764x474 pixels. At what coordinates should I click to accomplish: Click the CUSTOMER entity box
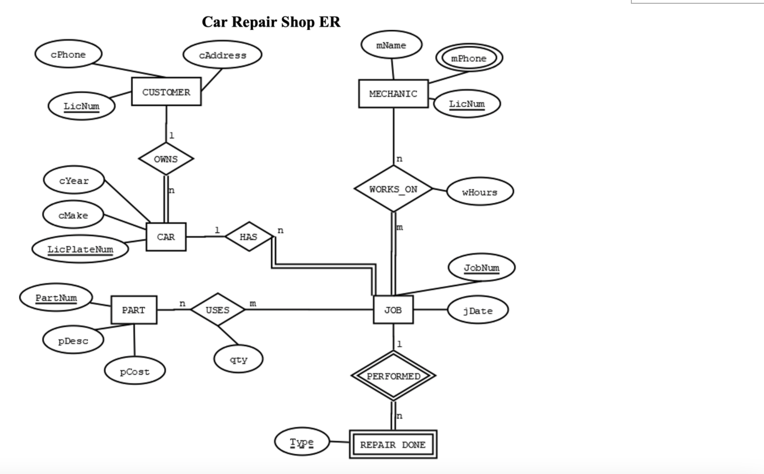click(x=166, y=92)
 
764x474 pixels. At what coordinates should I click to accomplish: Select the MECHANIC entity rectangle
click(x=393, y=94)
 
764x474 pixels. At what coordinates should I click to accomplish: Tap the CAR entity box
click(x=166, y=237)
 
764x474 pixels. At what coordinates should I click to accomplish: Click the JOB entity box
click(x=393, y=310)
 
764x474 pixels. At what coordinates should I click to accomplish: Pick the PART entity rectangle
click(x=134, y=310)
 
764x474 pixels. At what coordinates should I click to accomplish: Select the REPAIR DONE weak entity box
click(x=393, y=444)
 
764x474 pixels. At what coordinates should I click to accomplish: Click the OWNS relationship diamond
click(x=166, y=159)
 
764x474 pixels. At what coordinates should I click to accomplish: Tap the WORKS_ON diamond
click(x=393, y=189)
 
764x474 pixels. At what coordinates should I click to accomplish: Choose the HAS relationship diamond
click(x=248, y=237)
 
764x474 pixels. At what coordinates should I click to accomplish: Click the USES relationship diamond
click(x=217, y=310)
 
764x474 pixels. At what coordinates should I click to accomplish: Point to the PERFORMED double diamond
click(x=393, y=376)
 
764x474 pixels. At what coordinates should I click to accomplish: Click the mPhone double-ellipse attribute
click(x=469, y=59)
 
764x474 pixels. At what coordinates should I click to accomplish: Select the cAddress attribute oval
click(x=222, y=55)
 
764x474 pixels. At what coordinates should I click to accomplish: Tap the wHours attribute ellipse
click(x=479, y=192)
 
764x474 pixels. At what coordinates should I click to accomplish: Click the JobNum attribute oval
click(x=481, y=268)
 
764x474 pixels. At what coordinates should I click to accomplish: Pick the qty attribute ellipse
click(x=239, y=360)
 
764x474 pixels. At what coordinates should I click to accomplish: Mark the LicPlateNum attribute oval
click(x=80, y=249)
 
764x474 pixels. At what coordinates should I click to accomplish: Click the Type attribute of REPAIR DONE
click(x=301, y=442)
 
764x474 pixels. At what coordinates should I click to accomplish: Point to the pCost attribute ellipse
click(x=135, y=371)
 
